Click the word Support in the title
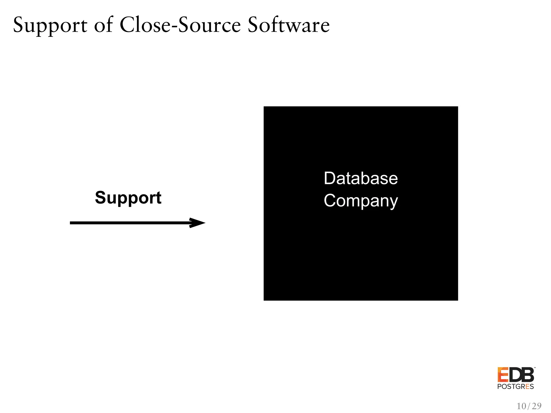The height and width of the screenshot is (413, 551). [x=50, y=26]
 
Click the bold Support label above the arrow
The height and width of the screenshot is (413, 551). [x=128, y=198]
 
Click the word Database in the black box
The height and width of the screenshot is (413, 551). [x=361, y=178]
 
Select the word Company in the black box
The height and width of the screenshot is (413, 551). [x=361, y=201]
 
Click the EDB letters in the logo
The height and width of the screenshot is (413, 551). [x=515, y=375]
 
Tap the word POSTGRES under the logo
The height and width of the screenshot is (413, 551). [x=515, y=387]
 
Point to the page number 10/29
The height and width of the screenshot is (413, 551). [x=529, y=406]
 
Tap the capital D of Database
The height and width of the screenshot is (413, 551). [x=329, y=178]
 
